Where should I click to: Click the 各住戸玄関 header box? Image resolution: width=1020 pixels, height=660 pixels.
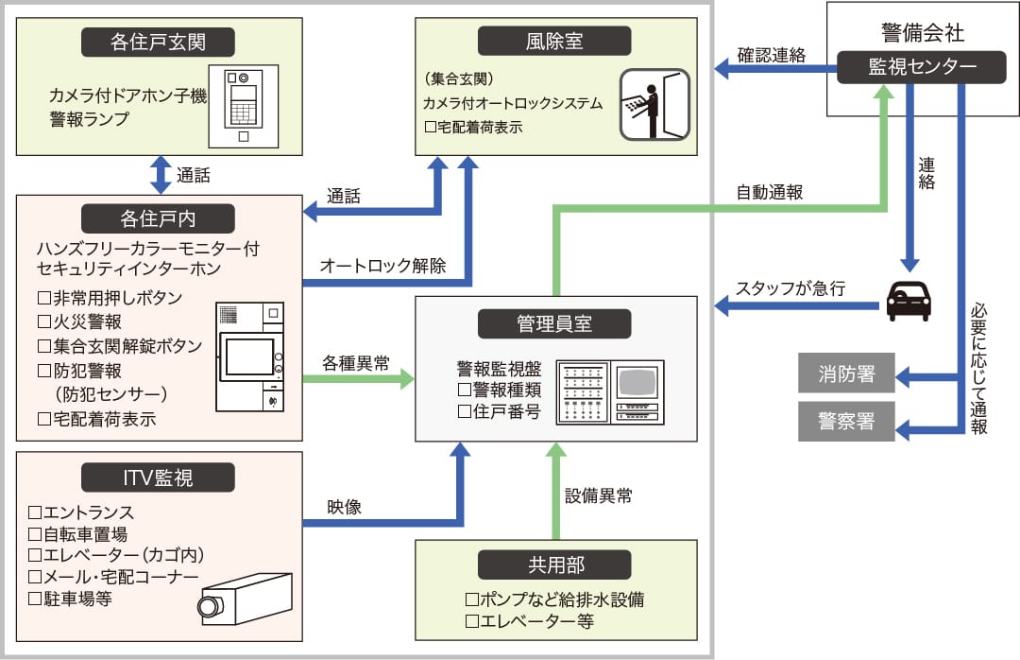[158, 42]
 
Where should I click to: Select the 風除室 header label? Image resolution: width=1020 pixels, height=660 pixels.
[554, 42]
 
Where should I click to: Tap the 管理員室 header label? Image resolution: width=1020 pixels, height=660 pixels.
[554, 323]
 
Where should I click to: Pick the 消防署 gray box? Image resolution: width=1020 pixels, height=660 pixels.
[846, 374]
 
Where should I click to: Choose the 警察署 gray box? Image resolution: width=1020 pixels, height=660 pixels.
[846, 422]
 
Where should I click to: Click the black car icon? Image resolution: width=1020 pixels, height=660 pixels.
[909, 302]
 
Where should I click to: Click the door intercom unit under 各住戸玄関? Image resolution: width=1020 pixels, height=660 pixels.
[244, 104]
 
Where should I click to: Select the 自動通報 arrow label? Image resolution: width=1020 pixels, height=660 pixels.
[770, 192]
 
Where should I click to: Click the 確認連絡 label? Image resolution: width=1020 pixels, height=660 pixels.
[772, 55]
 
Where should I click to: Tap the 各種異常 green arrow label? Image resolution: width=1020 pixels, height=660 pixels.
[356, 362]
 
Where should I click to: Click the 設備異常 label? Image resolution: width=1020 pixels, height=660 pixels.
[599, 495]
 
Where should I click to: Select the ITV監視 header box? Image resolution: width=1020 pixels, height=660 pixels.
[158, 478]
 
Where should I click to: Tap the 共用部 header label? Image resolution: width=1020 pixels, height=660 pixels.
[554, 564]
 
